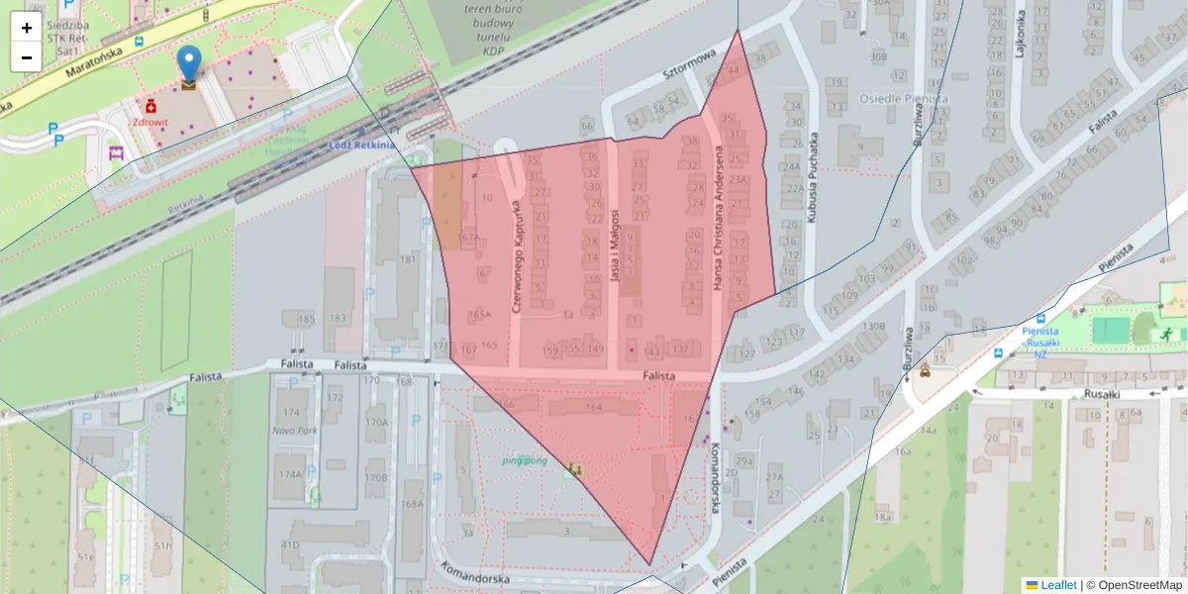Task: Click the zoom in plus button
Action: [27, 28]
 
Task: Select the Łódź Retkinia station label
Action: [361, 145]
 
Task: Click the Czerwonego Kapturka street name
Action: [516, 254]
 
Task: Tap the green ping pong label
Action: [525, 460]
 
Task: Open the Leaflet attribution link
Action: [1058, 585]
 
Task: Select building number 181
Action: [408, 259]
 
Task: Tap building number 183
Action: [339, 318]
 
